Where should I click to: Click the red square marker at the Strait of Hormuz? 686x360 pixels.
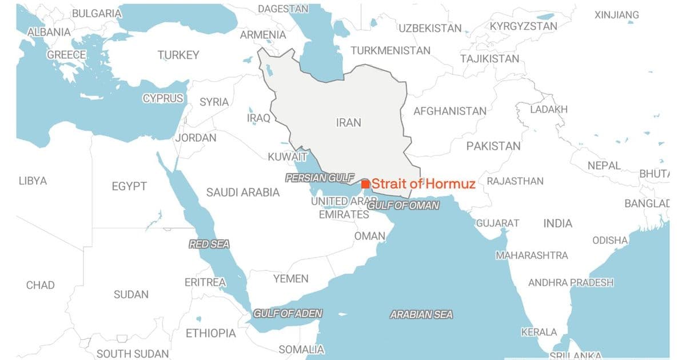(365, 184)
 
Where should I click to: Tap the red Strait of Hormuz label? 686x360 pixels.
(424, 184)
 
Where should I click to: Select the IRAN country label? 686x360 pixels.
(348, 123)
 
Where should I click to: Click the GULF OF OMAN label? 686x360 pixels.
(404, 205)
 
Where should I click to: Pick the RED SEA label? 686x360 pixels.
(209, 245)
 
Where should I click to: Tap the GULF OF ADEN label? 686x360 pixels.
(288, 313)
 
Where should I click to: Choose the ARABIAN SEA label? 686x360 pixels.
(421, 314)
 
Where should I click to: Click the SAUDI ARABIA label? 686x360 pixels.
(243, 193)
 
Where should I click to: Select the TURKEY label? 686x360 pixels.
(178, 55)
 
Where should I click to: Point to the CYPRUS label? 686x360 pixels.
(163, 98)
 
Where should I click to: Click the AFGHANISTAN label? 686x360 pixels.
(450, 111)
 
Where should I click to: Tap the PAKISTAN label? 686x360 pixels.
(493, 146)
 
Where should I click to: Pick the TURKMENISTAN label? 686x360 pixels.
(390, 50)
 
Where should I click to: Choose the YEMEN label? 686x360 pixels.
(290, 279)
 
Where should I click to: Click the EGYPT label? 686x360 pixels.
(129, 186)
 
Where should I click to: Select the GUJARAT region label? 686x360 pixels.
(498, 223)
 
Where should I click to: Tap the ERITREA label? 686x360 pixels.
(205, 282)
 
